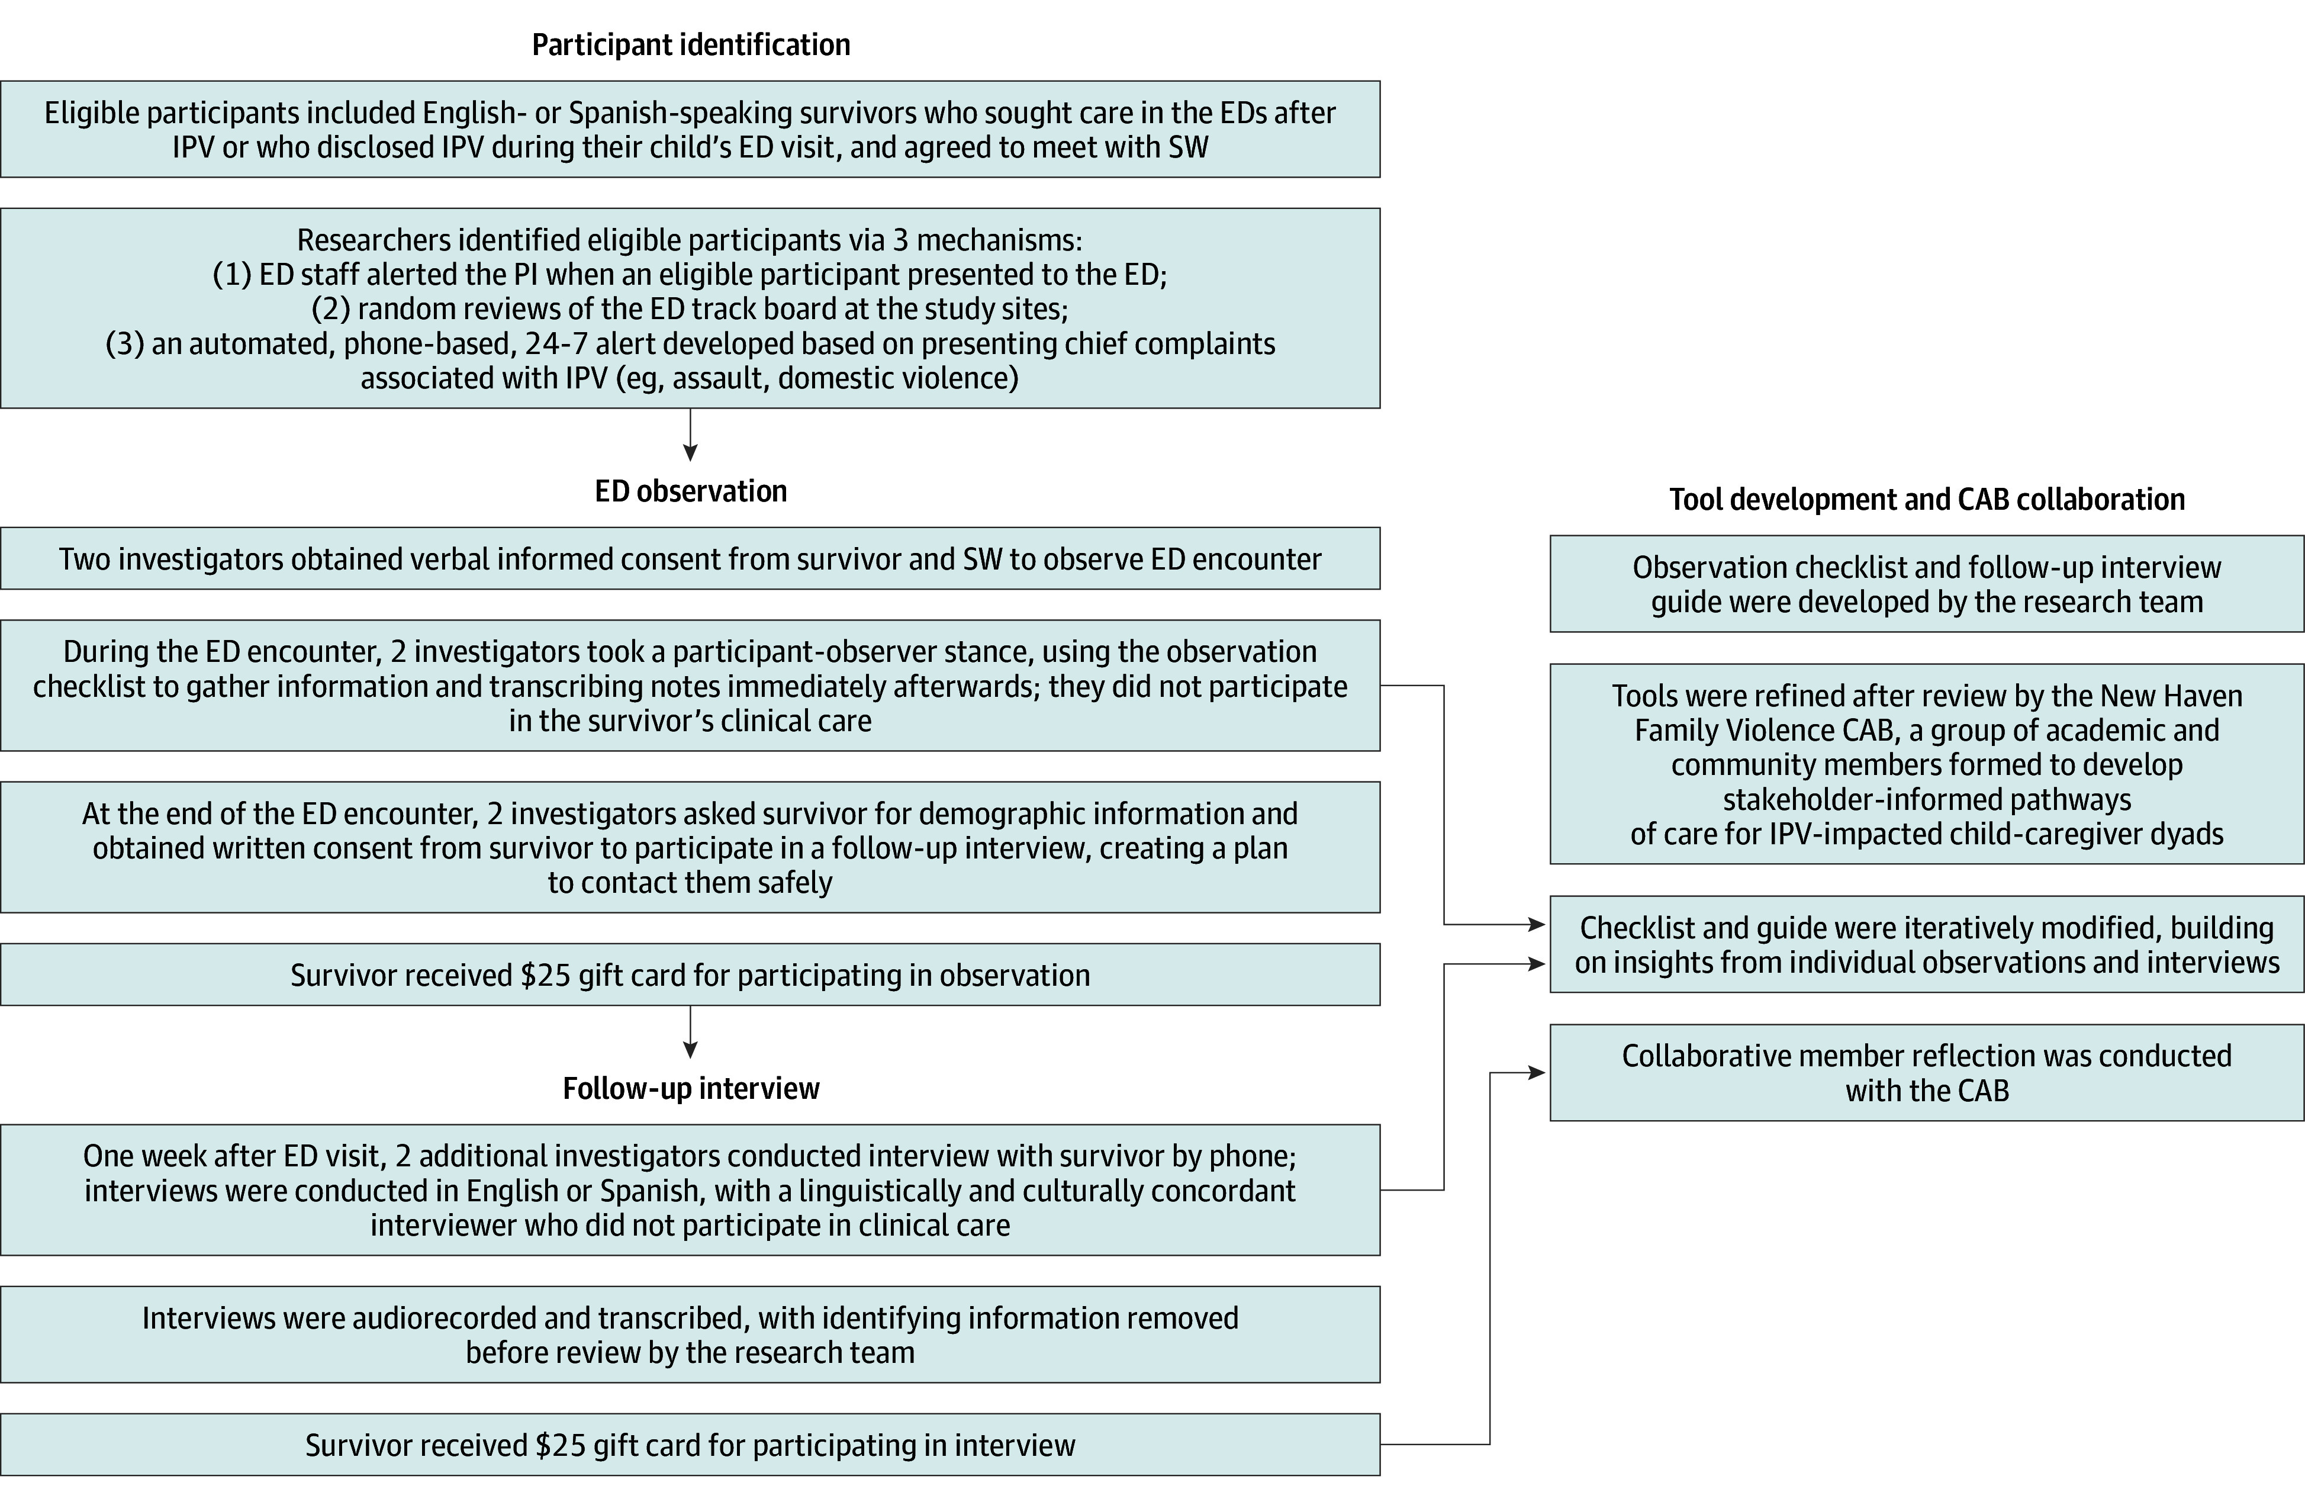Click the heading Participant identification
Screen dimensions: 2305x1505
point(691,44)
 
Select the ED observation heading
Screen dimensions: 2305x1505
point(691,491)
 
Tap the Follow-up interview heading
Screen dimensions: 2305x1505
point(691,1089)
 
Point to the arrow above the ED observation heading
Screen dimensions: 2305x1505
point(691,435)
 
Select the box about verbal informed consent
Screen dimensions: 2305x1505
point(691,559)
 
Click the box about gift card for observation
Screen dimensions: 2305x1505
point(691,975)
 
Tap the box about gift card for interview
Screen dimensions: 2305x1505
point(691,1445)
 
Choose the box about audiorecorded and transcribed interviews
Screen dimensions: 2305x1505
point(691,1334)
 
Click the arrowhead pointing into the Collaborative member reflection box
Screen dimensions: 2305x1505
point(1538,1073)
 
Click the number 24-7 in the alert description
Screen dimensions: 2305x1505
point(555,344)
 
